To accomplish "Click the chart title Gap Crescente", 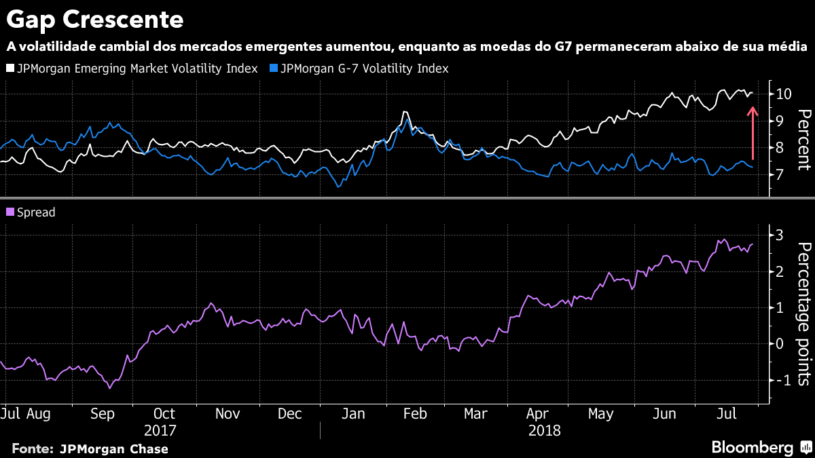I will [x=95, y=20].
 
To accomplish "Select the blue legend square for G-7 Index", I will [x=273, y=69].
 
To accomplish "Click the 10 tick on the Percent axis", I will [x=783, y=94].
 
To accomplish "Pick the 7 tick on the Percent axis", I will [x=780, y=174].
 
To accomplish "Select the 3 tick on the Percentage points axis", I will [x=780, y=235].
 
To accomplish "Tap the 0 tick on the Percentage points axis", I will [x=780, y=344].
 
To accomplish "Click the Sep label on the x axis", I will [x=102, y=414].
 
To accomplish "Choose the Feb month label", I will [x=416, y=414].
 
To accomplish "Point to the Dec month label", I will [x=290, y=414].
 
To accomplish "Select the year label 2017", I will [x=160, y=430].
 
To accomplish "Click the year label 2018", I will [x=544, y=430].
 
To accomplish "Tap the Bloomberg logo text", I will [x=752, y=447].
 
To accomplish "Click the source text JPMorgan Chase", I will [x=113, y=449].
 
